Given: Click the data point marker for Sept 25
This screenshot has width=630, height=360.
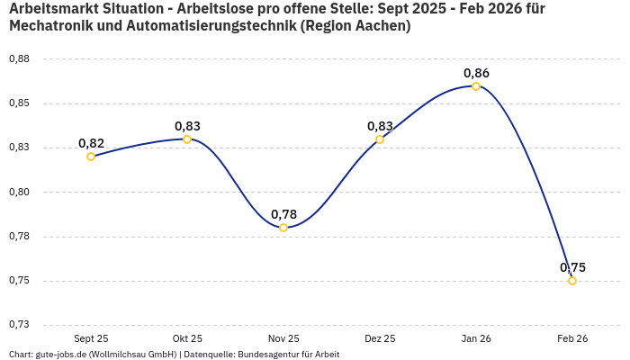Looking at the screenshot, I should point(91,157).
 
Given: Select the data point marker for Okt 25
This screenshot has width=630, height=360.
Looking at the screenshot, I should point(187,139).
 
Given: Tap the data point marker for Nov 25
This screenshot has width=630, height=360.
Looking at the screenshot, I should point(283,228).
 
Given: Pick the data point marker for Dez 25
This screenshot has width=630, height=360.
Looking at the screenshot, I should point(380,139).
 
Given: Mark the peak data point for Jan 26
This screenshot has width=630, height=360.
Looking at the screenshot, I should point(476,86).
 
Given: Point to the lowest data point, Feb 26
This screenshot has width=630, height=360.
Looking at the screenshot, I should point(572,281).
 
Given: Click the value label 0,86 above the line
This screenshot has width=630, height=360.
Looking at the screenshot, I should point(476,73).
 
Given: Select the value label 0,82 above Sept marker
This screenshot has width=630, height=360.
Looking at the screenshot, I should point(91,143).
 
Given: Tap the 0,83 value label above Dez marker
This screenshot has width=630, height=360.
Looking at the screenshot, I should point(380,126).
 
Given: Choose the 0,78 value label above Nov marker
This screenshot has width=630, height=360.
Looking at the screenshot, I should point(283,214).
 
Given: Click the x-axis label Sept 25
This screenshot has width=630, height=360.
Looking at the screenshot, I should point(91,338).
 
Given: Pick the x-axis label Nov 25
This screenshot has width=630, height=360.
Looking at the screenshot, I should point(283,338).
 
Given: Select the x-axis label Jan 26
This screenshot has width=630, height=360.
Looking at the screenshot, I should point(476,338).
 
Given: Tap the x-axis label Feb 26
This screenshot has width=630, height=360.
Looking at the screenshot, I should point(572,338).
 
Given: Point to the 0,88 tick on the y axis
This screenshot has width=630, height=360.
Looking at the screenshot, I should point(19,59).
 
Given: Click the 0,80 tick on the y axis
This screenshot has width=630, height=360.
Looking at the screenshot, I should point(19,193).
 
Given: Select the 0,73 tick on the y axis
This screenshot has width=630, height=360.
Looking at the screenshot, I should point(19,325).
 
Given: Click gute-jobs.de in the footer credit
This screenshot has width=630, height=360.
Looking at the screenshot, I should point(60,355).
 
